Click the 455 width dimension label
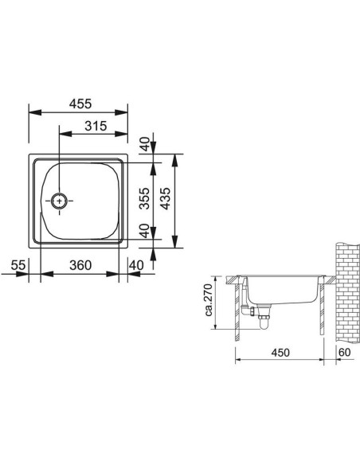click(x=80, y=104)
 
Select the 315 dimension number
click(x=96, y=126)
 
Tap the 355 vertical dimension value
click(x=145, y=198)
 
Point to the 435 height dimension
click(x=166, y=198)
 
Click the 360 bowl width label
click(x=80, y=265)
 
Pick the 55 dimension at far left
click(x=18, y=265)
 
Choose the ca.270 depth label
click(x=209, y=300)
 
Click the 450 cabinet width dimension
click(x=280, y=352)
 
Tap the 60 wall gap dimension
click(x=344, y=352)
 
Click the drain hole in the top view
click(x=60, y=201)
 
